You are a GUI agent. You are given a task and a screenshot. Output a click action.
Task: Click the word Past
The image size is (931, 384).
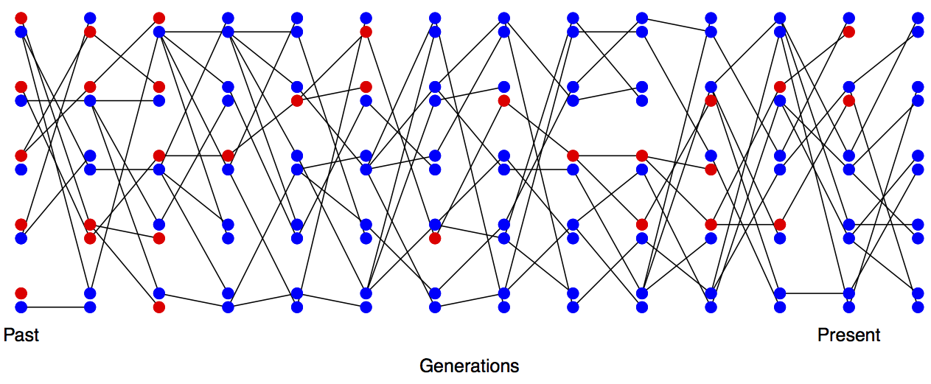(21, 335)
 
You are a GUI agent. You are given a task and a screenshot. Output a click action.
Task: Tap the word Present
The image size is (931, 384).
(848, 335)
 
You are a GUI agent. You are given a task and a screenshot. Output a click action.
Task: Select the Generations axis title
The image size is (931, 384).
(469, 366)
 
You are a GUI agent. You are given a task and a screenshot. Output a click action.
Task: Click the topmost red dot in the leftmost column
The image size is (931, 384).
(21, 18)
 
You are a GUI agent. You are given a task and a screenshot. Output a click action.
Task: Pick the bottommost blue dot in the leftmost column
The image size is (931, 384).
(21, 307)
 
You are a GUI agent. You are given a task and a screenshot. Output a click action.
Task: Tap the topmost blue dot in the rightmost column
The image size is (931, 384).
(918, 18)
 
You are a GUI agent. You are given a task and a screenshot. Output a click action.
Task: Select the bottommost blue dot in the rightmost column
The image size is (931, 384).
(918, 307)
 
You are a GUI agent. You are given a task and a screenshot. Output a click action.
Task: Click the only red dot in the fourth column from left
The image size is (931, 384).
(228, 156)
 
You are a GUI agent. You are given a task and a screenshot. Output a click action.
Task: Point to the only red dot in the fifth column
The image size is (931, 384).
(297, 101)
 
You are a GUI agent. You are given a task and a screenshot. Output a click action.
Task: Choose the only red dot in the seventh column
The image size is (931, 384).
(435, 238)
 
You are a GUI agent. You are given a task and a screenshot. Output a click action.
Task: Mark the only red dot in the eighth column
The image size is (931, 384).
(504, 101)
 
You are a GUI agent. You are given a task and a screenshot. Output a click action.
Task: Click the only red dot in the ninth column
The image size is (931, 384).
(573, 156)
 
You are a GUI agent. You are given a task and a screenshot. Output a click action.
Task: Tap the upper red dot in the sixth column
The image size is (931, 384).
(366, 32)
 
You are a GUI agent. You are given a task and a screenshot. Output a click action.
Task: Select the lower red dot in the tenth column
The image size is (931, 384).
(642, 224)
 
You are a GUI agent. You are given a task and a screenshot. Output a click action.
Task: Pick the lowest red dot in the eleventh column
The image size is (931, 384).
(711, 224)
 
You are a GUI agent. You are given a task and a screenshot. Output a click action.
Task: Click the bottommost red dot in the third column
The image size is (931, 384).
(158, 307)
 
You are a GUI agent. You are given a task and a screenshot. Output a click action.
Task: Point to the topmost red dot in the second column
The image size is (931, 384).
(90, 32)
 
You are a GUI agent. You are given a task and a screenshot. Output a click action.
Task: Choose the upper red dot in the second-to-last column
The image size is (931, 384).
(849, 32)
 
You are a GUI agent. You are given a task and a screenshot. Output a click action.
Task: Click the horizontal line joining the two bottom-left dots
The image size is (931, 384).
(55, 307)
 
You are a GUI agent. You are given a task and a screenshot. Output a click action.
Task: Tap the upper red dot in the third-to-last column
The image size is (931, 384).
(780, 87)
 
